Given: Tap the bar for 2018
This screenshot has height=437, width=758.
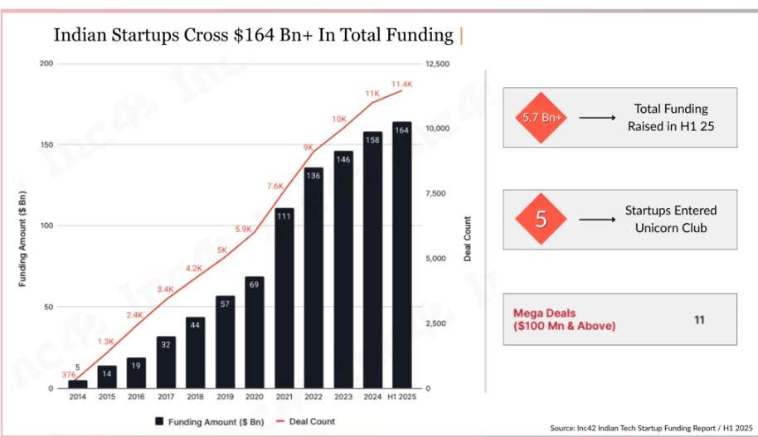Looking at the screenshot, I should click(196, 352).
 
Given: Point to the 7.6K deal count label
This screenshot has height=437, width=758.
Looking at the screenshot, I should click(275, 186).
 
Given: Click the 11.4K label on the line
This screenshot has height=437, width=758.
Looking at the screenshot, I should click(401, 84).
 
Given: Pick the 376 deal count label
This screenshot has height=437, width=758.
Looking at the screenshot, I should click(68, 376).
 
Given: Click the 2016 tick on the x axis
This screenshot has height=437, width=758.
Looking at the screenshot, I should click(137, 396).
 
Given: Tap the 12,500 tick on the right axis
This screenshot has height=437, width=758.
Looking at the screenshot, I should click(436, 64).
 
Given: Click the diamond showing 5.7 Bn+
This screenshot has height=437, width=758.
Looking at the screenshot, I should click(542, 118).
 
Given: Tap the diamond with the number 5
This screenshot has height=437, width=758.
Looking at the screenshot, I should click(542, 220).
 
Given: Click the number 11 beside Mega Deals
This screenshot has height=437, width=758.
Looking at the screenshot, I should click(700, 318).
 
